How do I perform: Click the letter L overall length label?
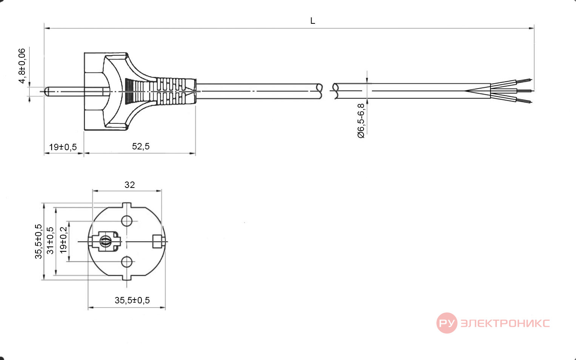click(x=312, y=21)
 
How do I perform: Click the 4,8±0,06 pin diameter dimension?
click(x=22, y=66)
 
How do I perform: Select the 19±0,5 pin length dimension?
click(x=63, y=147)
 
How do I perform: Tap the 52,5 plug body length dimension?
click(x=141, y=146)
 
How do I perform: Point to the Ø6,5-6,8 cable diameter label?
click(x=361, y=121)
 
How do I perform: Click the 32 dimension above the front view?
click(x=130, y=185)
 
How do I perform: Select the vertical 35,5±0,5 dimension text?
click(x=38, y=242)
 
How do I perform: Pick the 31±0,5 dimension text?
click(x=50, y=241)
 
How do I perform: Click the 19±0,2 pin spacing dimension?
click(x=63, y=240)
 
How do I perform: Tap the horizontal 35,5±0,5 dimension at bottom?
click(x=132, y=300)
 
